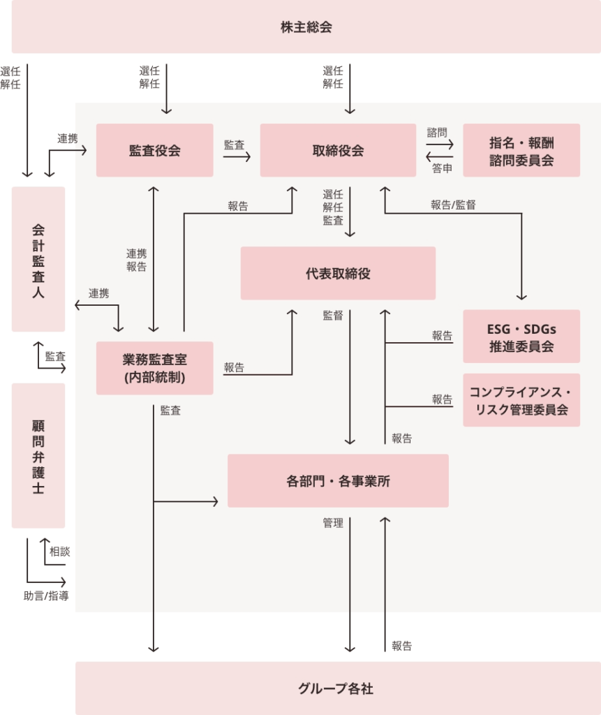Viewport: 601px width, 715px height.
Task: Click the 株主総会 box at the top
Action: pyautogui.click(x=306, y=27)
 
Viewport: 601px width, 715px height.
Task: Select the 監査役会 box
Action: pyautogui.click(x=154, y=150)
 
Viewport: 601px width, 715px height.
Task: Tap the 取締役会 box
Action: pyautogui.click(x=338, y=150)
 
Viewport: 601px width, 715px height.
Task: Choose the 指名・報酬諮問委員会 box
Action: pyautogui.click(x=521, y=150)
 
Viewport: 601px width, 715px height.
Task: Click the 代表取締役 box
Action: pyautogui.click(x=338, y=273)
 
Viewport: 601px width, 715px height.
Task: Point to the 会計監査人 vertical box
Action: pyautogui.click(x=38, y=259)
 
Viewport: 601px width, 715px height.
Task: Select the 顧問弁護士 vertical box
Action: pyautogui.click(x=38, y=455)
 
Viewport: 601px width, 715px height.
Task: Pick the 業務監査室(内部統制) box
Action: pyautogui.click(x=154, y=368)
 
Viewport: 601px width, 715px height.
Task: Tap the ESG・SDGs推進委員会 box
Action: pyautogui.click(x=521, y=337)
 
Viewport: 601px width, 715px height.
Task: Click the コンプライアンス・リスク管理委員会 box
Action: pyautogui.click(x=521, y=400)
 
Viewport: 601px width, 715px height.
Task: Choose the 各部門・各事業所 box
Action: pyautogui.click(x=338, y=480)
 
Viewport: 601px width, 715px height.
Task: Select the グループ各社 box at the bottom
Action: pyautogui.click(x=338, y=688)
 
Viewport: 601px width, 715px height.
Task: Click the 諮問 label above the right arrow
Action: pyautogui.click(x=437, y=133)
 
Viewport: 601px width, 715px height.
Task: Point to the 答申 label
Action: pyautogui.click(x=442, y=168)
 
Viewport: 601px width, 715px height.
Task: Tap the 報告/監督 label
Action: pyautogui.click(x=453, y=205)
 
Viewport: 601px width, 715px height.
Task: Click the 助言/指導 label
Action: pyautogui.click(x=46, y=596)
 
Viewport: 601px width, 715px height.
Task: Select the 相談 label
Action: pyautogui.click(x=60, y=552)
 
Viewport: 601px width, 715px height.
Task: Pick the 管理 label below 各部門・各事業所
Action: pyautogui.click(x=333, y=523)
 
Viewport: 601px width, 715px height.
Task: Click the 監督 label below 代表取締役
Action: pyautogui.click(x=333, y=316)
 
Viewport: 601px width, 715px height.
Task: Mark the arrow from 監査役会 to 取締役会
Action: pyautogui.click(x=237, y=157)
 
